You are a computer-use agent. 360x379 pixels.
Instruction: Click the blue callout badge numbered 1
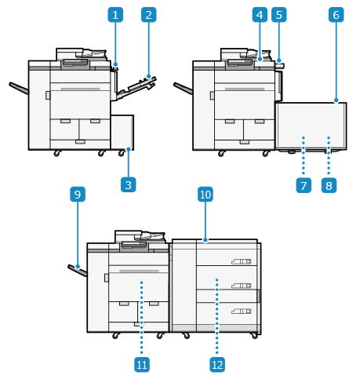(x=115, y=15)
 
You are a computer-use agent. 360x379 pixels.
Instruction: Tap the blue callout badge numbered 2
(x=149, y=15)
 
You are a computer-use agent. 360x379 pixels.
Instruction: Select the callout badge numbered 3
(x=129, y=184)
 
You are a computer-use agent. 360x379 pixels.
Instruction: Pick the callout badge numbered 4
(x=260, y=15)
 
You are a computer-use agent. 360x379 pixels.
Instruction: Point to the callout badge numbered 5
(x=279, y=15)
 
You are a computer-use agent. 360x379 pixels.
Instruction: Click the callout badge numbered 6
(x=336, y=15)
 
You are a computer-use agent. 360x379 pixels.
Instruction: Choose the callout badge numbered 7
(x=304, y=185)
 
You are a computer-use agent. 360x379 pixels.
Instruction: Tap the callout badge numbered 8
(x=329, y=185)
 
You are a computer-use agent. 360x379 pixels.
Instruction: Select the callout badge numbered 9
(x=78, y=195)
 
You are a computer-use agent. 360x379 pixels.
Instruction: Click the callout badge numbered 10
(x=205, y=195)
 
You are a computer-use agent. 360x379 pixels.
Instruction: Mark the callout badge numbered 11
(x=142, y=365)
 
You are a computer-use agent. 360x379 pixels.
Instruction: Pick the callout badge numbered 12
(x=217, y=365)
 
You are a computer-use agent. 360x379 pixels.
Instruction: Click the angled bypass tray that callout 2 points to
(x=136, y=87)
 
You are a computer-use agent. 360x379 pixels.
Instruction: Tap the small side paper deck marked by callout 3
(x=122, y=132)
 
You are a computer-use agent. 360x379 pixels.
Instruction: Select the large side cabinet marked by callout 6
(x=311, y=126)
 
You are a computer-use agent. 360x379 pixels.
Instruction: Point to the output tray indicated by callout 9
(x=78, y=271)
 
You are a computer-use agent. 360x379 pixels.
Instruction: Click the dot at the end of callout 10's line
(x=205, y=240)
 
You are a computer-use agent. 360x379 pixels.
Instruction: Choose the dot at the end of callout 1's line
(x=115, y=64)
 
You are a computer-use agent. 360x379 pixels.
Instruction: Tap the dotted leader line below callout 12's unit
(x=217, y=316)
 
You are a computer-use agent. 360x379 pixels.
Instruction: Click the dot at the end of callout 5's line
(x=279, y=60)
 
